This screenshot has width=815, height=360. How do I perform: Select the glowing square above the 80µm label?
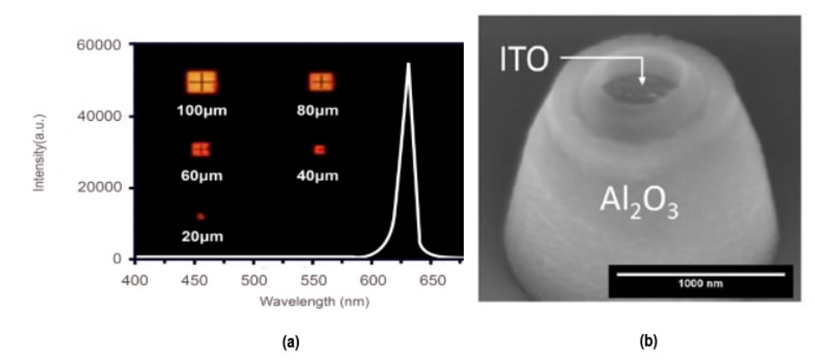(x=322, y=82)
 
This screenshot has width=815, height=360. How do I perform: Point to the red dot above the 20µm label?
(x=201, y=217)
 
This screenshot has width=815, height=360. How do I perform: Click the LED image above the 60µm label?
(x=201, y=149)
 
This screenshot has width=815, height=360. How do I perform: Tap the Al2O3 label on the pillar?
(x=639, y=208)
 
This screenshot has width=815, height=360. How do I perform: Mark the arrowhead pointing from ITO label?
(x=642, y=81)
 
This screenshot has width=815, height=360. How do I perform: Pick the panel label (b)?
(x=648, y=341)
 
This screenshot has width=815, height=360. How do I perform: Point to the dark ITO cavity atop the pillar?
(x=638, y=89)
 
